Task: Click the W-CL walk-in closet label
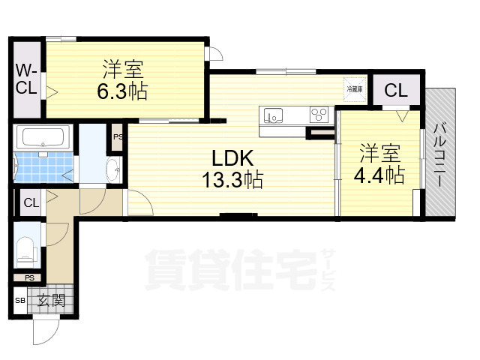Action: coord(26,78)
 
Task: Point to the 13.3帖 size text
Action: coord(232,180)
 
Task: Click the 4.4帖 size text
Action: coord(380,174)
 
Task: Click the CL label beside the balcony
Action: coord(396,91)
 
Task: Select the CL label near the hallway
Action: coord(31,202)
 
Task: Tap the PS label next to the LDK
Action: coord(118,136)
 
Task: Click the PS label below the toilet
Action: coord(29,277)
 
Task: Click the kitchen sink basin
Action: coord(274,115)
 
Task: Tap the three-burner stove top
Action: coord(319,115)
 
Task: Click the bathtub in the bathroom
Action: coord(43,137)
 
